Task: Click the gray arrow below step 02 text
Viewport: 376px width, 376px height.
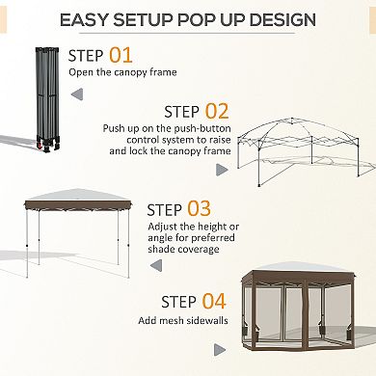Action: click(x=221, y=169)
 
